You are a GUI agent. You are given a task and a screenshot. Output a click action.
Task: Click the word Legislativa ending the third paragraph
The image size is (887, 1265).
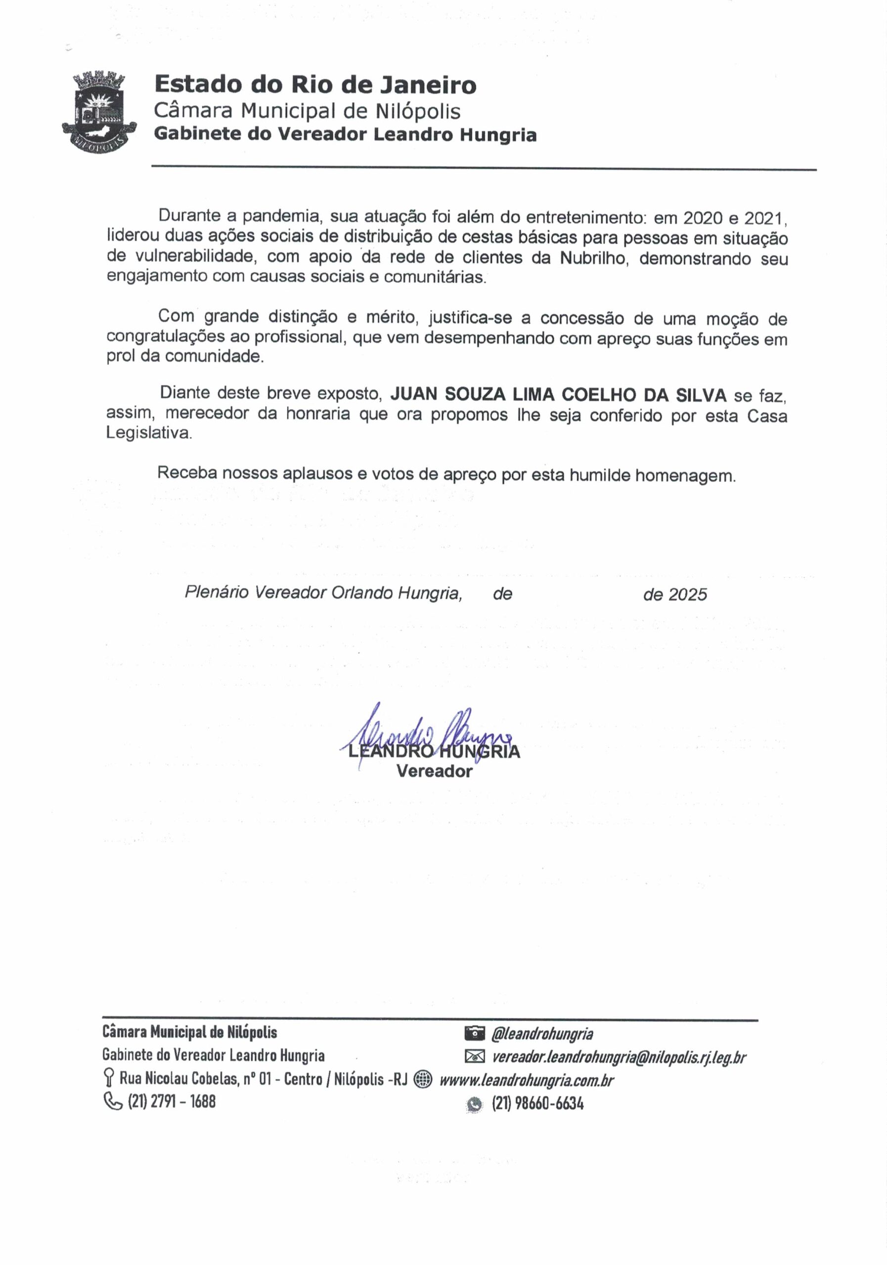tap(149, 433)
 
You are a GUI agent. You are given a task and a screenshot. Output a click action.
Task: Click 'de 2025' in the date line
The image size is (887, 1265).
tap(674, 594)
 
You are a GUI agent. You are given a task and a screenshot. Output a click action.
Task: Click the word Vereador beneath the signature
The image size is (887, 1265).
tap(434, 771)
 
